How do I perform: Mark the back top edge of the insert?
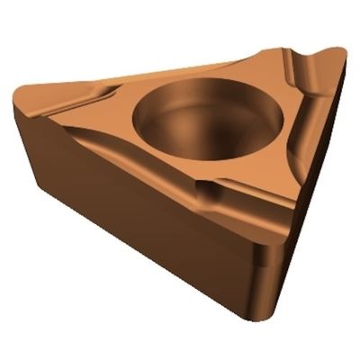(x=180, y=67)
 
